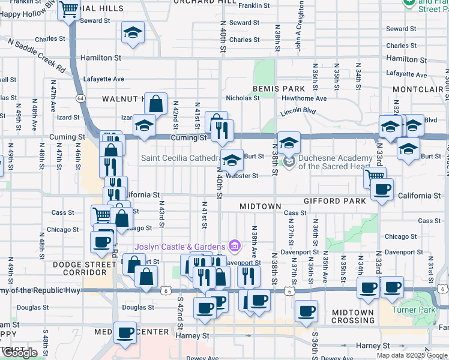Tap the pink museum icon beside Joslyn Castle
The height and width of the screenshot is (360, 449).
point(235,246)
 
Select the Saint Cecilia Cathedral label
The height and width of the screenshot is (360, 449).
point(178,158)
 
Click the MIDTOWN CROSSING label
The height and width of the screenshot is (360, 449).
point(353,316)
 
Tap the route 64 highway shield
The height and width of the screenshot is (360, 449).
point(79,98)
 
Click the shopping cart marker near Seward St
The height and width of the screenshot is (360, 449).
point(69,10)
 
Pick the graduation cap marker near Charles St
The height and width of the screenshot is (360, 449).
point(133,32)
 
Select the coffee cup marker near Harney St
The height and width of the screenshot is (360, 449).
point(125,332)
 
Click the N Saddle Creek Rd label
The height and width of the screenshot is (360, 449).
point(36,53)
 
